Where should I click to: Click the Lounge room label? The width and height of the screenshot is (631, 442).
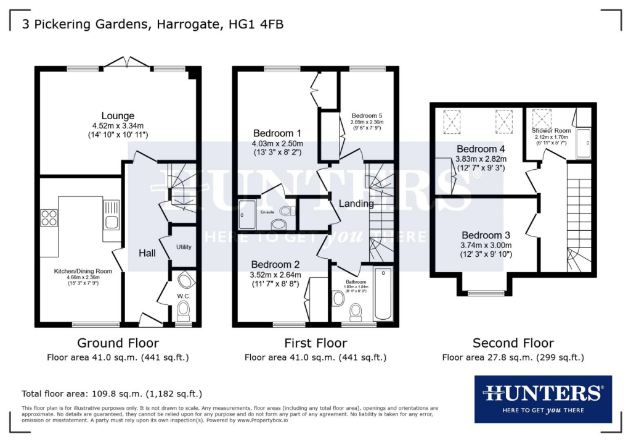[x=118, y=116]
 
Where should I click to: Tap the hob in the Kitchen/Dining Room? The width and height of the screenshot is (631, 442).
[x=49, y=218]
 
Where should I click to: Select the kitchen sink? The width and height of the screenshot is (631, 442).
[x=112, y=221]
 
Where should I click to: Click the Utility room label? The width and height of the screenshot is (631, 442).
[x=184, y=247]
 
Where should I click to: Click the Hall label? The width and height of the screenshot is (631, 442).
[x=147, y=253]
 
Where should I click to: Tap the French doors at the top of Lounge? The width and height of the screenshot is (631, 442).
[x=128, y=63]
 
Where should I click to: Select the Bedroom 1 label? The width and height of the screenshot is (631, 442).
[x=277, y=133]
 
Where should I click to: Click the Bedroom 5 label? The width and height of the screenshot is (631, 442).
[x=367, y=115]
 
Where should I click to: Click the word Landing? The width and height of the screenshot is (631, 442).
[x=356, y=203]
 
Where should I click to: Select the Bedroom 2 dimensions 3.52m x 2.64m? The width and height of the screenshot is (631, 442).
[x=276, y=275]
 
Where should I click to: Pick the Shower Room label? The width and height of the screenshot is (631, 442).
[x=552, y=131]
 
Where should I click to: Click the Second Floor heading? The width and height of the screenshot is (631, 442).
[x=513, y=343]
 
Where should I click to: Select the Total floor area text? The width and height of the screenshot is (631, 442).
[x=112, y=393]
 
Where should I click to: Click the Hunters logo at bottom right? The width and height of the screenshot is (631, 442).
[x=543, y=398]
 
